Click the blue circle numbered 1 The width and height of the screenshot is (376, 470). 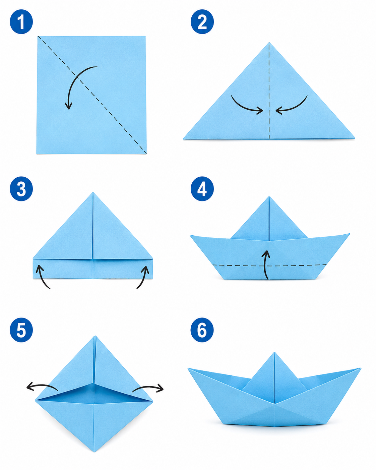[21, 21]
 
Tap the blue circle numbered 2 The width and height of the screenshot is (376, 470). [202, 21]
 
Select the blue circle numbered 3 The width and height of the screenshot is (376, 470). [21, 189]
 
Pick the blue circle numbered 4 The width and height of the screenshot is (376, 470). [202, 189]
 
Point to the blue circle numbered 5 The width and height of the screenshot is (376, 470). [21, 330]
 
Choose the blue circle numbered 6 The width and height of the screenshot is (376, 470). [202, 330]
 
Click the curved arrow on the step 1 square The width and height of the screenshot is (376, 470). [74, 80]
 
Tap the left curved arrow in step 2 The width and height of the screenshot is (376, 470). [243, 107]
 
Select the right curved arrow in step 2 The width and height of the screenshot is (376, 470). [295, 107]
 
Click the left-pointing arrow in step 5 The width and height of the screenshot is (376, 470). [42, 386]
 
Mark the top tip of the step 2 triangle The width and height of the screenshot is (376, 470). [269, 43]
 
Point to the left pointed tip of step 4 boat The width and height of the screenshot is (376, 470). [190, 235]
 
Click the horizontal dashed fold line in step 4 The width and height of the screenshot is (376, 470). [269, 266]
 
